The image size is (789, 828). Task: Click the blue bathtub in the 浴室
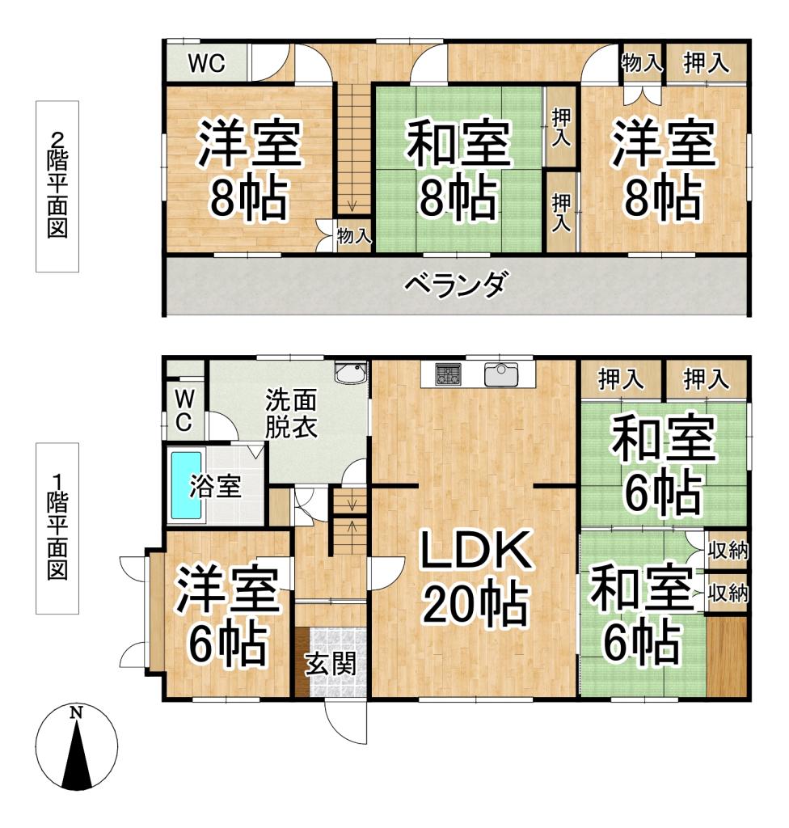[x=186, y=485]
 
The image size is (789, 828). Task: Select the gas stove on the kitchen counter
[x=449, y=374]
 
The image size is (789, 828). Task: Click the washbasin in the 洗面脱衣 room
[x=351, y=372]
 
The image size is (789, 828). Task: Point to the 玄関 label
[x=331, y=664]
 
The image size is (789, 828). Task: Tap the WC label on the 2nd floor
[x=207, y=63]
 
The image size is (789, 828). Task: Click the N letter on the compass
[x=77, y=712]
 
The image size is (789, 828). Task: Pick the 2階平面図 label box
[x=57, y=186]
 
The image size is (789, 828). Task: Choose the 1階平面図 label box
[x=57, y=528]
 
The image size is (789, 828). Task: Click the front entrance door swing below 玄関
[x=345, y=720]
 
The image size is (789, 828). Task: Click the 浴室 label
[x=215, y=486]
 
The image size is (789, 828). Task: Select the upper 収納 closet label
[x=728, y=551]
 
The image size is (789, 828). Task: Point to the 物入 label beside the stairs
[x=354, y=236]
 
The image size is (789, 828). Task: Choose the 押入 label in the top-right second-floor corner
[x=706, y=63]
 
